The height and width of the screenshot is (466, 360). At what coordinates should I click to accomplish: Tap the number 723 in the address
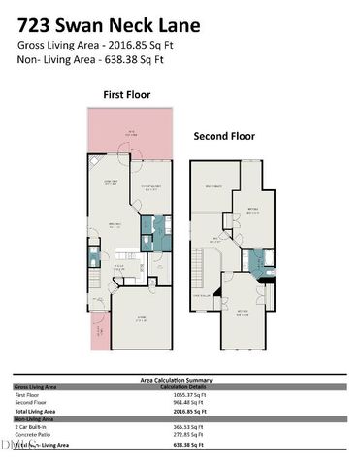(37, 19)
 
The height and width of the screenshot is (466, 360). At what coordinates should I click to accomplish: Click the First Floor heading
(126, 95)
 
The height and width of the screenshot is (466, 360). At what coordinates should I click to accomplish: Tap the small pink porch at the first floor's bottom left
(100, 336)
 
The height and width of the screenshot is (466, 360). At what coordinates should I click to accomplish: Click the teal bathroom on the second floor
(254, 260)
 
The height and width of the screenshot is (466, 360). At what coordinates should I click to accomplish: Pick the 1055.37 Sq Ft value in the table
(183, 395)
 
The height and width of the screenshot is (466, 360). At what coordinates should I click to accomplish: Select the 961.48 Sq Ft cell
(183, 403)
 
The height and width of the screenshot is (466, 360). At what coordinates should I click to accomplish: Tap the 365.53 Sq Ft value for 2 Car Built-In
(183, 427)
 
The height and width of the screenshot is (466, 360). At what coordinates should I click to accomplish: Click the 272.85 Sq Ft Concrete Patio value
(183, 435)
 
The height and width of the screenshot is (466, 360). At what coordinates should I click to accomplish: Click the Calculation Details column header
(183, 387)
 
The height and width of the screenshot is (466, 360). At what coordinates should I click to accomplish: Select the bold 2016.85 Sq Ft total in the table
(183, 412)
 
